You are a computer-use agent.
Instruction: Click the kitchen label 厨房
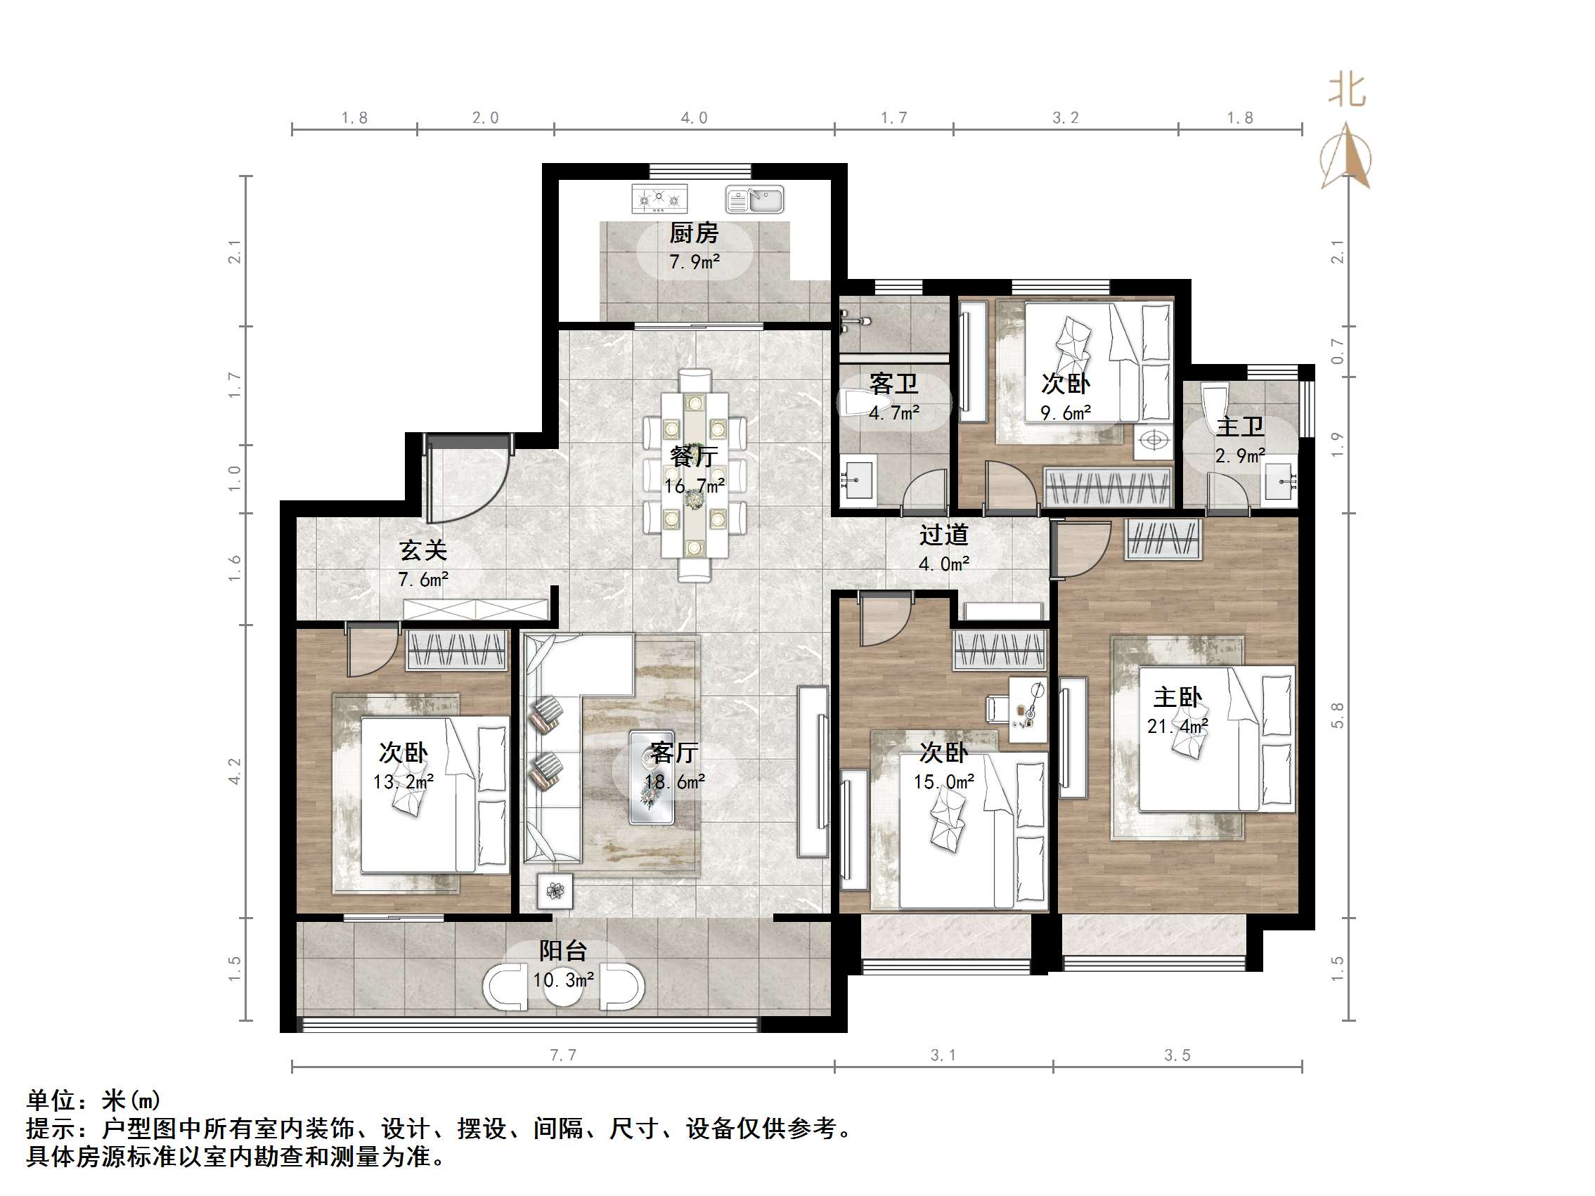693,233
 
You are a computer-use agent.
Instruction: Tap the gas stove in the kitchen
659,198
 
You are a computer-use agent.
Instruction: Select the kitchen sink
754,200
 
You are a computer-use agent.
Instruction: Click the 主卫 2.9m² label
1239,441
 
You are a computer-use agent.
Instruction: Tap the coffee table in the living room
652,777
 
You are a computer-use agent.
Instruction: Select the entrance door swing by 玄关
465,480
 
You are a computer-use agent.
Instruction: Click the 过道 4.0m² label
943,549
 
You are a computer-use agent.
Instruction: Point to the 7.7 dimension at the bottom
563,1055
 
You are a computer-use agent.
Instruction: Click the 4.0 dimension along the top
694,118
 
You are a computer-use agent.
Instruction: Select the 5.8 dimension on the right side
1337,715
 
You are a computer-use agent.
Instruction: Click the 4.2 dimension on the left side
234,771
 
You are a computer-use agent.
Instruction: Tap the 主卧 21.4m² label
1177,711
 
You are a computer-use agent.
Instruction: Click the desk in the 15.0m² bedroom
1026,710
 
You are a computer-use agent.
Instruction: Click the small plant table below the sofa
555,891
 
